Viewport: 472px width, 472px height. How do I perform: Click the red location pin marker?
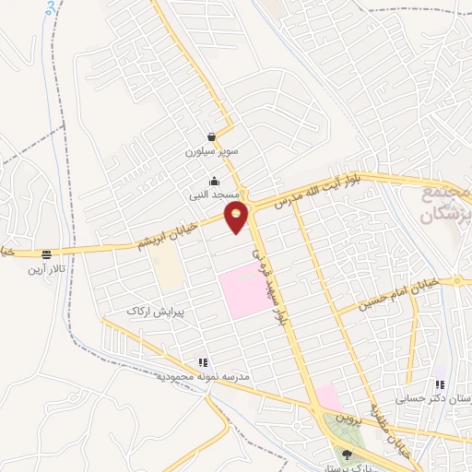[238, 218]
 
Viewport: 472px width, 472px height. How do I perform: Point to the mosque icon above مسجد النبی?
[215, 181]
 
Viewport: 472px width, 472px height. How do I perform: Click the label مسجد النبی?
[215, 195]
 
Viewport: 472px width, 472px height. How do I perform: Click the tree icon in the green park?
[347, 454]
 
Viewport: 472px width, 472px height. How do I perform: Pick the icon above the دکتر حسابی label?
[440, 384]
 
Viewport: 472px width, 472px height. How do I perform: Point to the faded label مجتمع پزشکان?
[446, 206]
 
